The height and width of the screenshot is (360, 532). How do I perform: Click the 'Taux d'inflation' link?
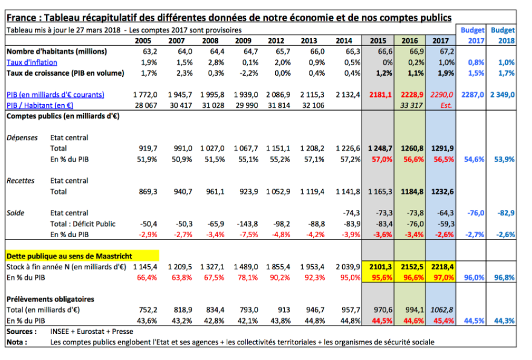pos(32,62)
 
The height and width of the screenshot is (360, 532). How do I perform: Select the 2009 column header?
pos(243,41)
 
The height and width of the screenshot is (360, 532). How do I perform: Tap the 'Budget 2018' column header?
pos(503,35)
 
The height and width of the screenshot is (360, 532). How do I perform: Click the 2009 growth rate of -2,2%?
pos(248,73)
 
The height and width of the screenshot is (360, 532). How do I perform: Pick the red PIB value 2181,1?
pos(380,95)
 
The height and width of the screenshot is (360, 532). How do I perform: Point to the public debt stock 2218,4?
pos(443,267)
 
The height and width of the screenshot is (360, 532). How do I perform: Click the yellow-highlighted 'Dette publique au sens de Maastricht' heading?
pos(69,256)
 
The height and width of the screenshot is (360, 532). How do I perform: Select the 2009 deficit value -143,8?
pos(247,224)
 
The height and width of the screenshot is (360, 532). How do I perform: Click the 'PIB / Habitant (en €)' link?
pos(40,105)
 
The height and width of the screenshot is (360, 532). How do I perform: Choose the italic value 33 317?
pos(411,105)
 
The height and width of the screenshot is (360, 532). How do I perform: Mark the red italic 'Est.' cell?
pos(446,105)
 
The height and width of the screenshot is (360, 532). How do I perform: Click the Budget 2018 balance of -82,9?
pos(506,213)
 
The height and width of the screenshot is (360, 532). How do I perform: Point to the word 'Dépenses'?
pos(22,137)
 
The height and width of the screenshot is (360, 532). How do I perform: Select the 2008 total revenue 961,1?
pos(215,192)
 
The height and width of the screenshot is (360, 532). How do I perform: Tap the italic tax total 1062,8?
pos(442,310)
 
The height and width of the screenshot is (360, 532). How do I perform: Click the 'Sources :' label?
pos(22,332)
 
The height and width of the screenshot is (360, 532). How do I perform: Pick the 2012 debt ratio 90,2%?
pos(280,278)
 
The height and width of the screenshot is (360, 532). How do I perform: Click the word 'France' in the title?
pos(21,18)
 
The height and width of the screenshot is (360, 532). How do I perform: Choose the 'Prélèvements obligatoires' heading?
pos(50,299)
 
